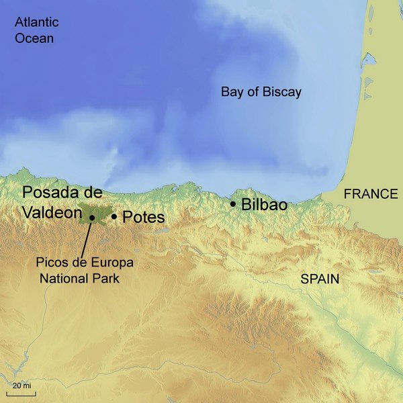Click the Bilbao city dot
[x=233, y=204]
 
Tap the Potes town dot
[x=114, y=216]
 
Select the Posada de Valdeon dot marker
[x=91, y=218]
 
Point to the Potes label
[x=143, y=217]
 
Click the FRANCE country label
[x=371, y=194]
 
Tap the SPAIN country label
[x=320, y=279]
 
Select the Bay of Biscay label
[x=261, y=92]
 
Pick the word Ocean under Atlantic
[x=35, y=38]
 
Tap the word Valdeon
[x=50, y=212]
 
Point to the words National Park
[x=79, y=277]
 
